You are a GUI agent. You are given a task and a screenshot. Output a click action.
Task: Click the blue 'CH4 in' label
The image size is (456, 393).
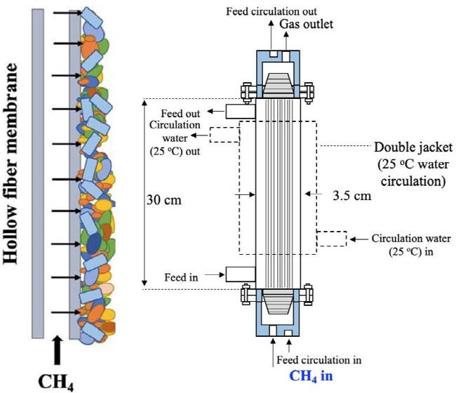tap(311, 376)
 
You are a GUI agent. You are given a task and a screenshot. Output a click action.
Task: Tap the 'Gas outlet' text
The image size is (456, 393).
tap(307, 24)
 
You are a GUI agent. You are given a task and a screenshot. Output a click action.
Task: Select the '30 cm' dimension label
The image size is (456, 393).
tap(163, 200)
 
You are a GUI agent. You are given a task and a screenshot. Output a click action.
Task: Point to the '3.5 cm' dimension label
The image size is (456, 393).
tap(352, 196)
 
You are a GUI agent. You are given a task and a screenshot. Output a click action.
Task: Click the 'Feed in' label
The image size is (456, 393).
tap(181, 277)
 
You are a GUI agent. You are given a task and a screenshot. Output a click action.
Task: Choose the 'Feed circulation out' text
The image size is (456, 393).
tap(271, 11)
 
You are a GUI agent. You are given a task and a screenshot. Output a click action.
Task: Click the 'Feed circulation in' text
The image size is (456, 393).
tap(319, 360)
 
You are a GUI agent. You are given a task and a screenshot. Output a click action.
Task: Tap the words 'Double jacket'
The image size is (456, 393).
tap(413, 147)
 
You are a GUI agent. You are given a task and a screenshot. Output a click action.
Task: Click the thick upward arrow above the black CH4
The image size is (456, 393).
tap(58, 350)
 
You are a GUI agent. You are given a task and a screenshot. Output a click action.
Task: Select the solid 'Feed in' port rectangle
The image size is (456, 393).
tap(241, 274)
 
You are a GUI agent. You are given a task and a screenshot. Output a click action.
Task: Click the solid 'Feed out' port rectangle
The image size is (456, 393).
tap(241, 111)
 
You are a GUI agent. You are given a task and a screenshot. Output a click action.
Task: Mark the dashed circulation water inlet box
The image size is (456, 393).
tap(332, 239)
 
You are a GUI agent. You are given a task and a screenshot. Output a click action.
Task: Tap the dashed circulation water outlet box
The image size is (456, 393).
tap(224, 135)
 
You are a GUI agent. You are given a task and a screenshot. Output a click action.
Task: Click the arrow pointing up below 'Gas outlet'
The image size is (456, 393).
tap(286, 41)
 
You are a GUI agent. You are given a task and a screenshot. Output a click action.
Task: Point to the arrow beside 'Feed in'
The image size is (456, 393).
tap(215, 274)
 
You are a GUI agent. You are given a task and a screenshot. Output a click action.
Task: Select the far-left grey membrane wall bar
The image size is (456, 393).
tap(38, 173)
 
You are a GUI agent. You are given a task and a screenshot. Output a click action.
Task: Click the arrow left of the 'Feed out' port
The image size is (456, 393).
tap(213, 111)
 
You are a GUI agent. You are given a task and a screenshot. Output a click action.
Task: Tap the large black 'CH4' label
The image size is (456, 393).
tap(56, 382)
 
